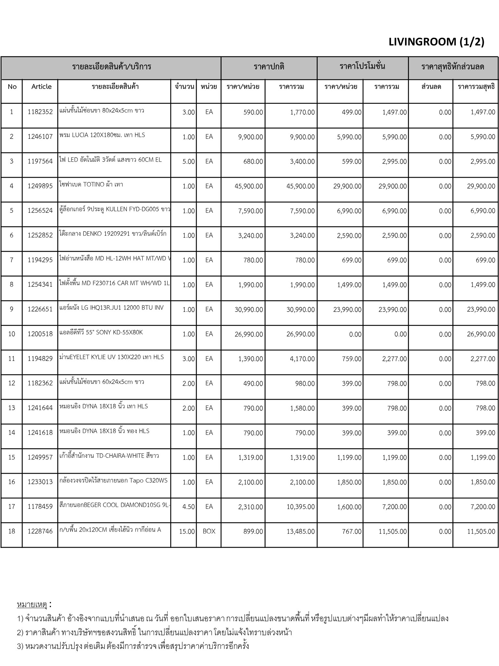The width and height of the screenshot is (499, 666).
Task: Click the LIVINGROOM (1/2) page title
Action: pyautogui.click(x=436, y=42)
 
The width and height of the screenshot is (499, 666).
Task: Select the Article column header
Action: pyautogui.click(x=41, y=87)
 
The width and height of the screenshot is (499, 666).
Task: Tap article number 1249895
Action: pyautogui.click(x=40, y=186)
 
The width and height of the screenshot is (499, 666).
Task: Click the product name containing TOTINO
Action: pyautogui.click(x=91, y=184)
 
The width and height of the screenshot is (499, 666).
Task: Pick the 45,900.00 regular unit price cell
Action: pyautogui.click(x=249, y=186)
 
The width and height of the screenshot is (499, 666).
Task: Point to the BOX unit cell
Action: pyautogui.click(x=209, y=531)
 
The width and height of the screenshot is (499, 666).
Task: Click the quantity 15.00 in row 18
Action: pyautogui.click(x=187, y=531)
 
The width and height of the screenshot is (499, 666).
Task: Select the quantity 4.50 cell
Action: pyautogui.click(x=188, y=507)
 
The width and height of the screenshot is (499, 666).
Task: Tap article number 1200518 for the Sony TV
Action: pyautogui.click(x=40, y=334)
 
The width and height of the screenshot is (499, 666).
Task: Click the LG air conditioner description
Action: pyautogui.click(x=111, y=308)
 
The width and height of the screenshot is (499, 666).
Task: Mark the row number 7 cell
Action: pyautogui.click(x=12, y=260)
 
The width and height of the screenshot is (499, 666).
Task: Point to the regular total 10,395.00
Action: pyautogui.click(x=301, y=507)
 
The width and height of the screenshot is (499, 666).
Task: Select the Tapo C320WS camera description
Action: pyautogui.click(x=113, y=480)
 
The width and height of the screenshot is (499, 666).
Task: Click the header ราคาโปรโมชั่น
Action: pyautogui.click(x=362, y=67)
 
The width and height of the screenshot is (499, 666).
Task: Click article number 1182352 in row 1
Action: pyautogui.click(x=40, y=112)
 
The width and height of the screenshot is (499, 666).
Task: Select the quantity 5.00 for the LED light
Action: pyautogui.click(x=188, y=162)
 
